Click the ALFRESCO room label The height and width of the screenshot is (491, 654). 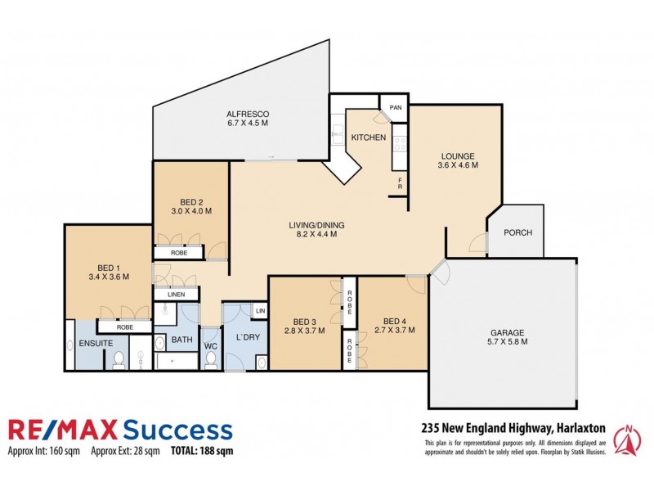pyautogui.click(x=248, y=113)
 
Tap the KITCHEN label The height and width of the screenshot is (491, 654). pyautogui.click(x=368, y=137)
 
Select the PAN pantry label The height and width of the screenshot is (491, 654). pyautogui.click(x=395, y=108)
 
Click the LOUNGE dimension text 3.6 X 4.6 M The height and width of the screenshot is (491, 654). pyautogui.click(x=457, y=165)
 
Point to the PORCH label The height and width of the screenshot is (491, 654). pyautogui.click(x=517, y=232)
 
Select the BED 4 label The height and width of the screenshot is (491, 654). pyautogui.click(x=393, y=321)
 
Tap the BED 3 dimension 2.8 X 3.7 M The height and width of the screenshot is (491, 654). pyautogui.click(x=304, y=331)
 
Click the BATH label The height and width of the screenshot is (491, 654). pyautogui.click(x=181, y=340)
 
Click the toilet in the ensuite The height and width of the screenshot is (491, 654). pyautogui.click(x=119, y=358)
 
